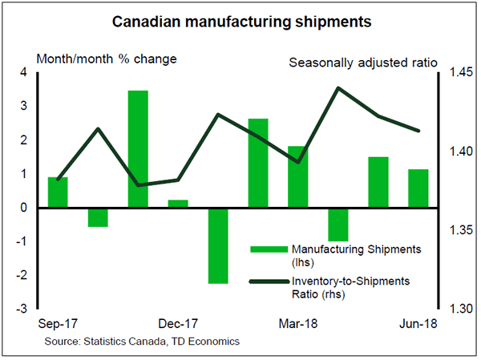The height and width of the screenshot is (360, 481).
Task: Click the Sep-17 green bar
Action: [58, 192]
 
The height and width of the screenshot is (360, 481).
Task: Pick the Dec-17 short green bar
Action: [178, 203]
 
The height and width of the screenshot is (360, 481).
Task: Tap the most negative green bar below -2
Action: [218, 245]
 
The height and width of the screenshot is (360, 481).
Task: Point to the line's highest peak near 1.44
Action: [338, 87]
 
